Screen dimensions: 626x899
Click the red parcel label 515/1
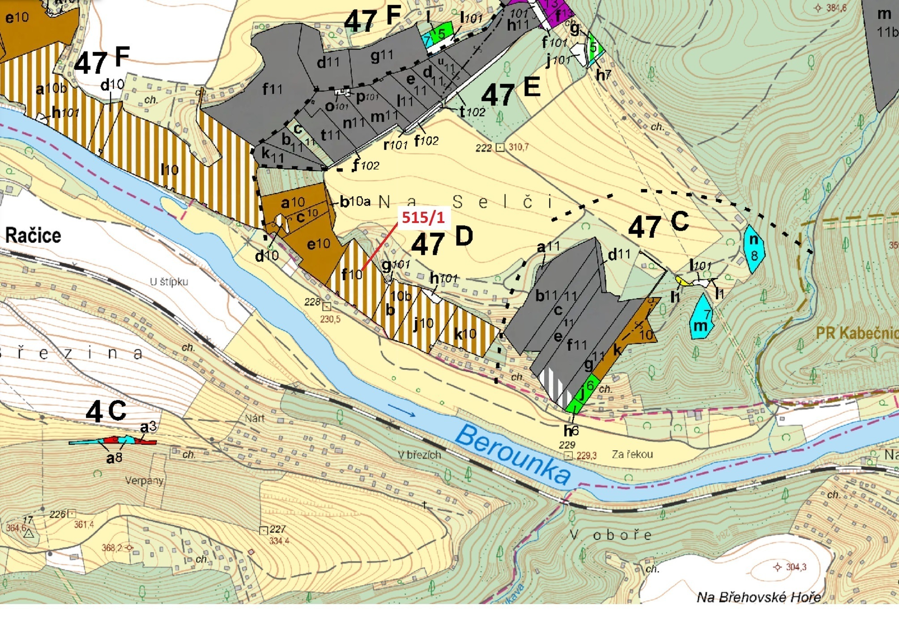[423, 218]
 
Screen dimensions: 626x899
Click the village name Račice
[33, 236]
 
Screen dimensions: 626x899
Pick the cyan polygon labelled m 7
[701, 317]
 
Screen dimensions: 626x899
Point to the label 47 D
[441, 241]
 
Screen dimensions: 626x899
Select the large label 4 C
[106, 411]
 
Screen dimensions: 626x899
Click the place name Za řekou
[632, 454]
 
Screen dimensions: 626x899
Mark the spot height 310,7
[518, 147]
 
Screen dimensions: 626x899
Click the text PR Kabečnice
[856, 333]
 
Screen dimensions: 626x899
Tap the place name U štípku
[169, 282]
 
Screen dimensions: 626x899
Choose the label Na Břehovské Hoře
[758, 597]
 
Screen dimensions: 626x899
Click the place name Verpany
[144, 480]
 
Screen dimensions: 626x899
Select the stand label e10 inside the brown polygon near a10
[319, 244]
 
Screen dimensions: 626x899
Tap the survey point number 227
[277, 529]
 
